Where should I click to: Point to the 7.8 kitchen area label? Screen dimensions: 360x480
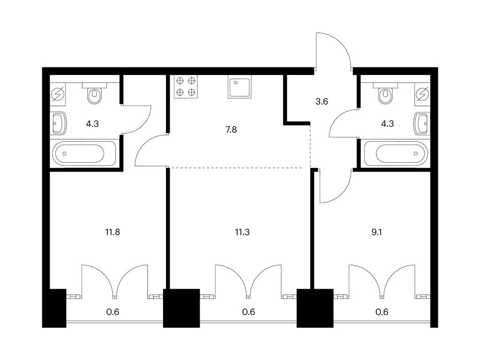click(x=231, y=129)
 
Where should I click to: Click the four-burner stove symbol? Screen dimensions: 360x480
click(x=185, y=87)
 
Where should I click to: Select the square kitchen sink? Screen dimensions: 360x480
click(x=240, y=87)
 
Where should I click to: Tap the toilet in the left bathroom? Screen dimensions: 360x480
click(x=94, y=94)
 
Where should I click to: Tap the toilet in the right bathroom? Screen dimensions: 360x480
click(x=386, y=94)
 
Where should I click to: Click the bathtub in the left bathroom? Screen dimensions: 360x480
click(x=83, y=154)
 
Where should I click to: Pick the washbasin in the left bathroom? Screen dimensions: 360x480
click(x=59, y=124)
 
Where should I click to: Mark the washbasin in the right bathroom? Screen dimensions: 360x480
click(x=421, y=124)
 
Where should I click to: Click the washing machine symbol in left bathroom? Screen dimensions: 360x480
click(x=59, y=95)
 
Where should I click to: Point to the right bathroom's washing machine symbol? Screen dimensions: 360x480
click(x=422, y=95)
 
